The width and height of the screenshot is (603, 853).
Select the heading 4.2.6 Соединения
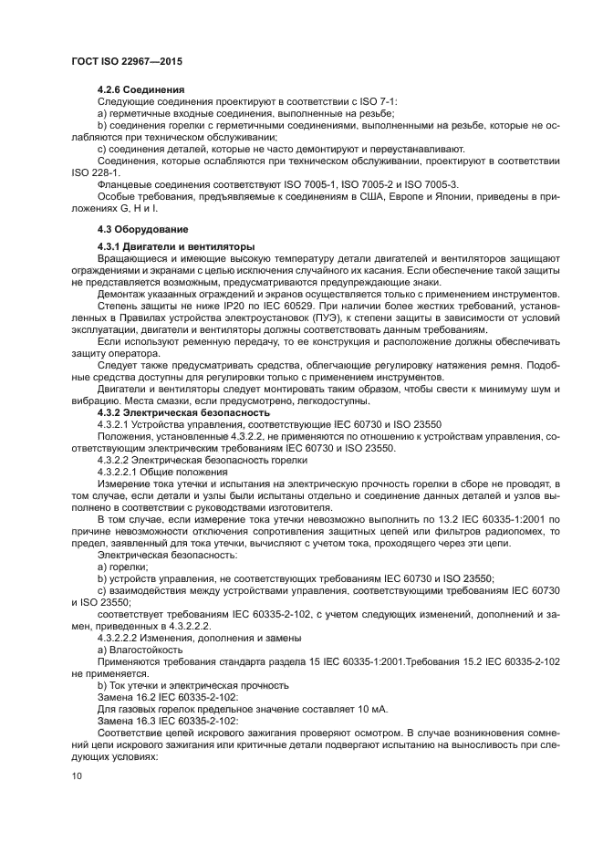[x=141, y=89]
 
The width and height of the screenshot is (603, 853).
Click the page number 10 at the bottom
[x=76, y=776]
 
